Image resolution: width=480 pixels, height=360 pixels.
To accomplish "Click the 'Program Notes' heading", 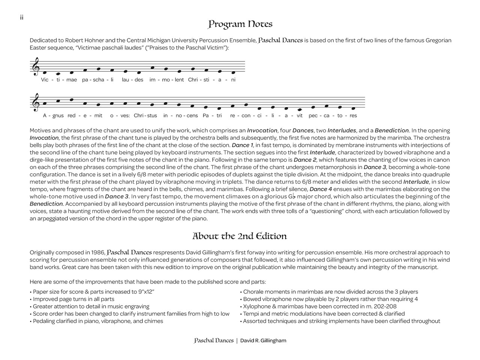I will click(240, 24).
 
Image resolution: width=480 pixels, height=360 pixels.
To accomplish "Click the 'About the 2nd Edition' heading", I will click(240, 236).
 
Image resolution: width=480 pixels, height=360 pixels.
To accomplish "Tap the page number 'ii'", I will click(22, 18).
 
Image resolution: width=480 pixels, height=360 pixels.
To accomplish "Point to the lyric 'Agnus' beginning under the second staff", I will click(53, 115).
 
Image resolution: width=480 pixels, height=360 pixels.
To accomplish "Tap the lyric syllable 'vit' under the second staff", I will click(299, 115).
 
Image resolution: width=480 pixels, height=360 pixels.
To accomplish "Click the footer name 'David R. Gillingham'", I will click(263, 341).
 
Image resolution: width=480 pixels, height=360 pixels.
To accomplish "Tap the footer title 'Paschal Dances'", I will click(214, 341).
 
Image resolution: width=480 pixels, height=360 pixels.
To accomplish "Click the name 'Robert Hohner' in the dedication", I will click(83, 40).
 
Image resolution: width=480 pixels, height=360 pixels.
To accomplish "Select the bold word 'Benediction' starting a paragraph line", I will click(46, 204).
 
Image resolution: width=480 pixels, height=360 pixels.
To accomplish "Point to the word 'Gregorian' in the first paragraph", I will click(438, 40).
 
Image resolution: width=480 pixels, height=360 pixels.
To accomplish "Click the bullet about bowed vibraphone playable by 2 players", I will click(330, 299).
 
